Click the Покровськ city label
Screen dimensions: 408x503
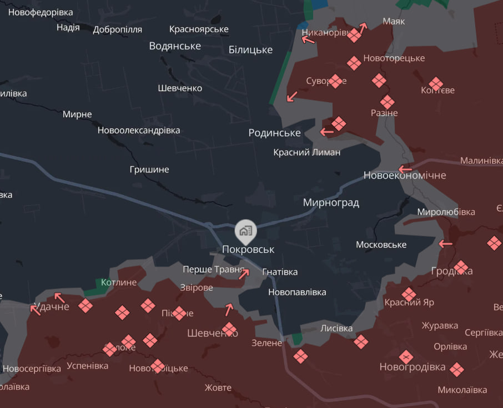248,250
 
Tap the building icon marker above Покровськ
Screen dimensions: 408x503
245,230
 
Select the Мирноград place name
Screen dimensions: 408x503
331,203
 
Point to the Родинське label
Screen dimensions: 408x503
274,133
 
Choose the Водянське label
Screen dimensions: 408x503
175,46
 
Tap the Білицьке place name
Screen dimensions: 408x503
250,50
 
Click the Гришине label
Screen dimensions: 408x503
149,170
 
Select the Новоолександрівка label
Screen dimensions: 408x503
139,131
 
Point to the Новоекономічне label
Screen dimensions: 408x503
405,176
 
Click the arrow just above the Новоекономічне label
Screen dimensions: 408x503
405,168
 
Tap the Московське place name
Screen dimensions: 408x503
381,245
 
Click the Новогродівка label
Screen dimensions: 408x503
413,367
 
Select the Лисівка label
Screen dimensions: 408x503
336,329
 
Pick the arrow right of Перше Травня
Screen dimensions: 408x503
244,272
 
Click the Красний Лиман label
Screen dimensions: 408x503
307,152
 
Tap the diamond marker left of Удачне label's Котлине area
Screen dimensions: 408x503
85,305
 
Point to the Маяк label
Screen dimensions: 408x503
394,22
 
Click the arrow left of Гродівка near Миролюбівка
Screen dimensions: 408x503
445,243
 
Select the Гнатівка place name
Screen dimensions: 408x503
279,272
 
